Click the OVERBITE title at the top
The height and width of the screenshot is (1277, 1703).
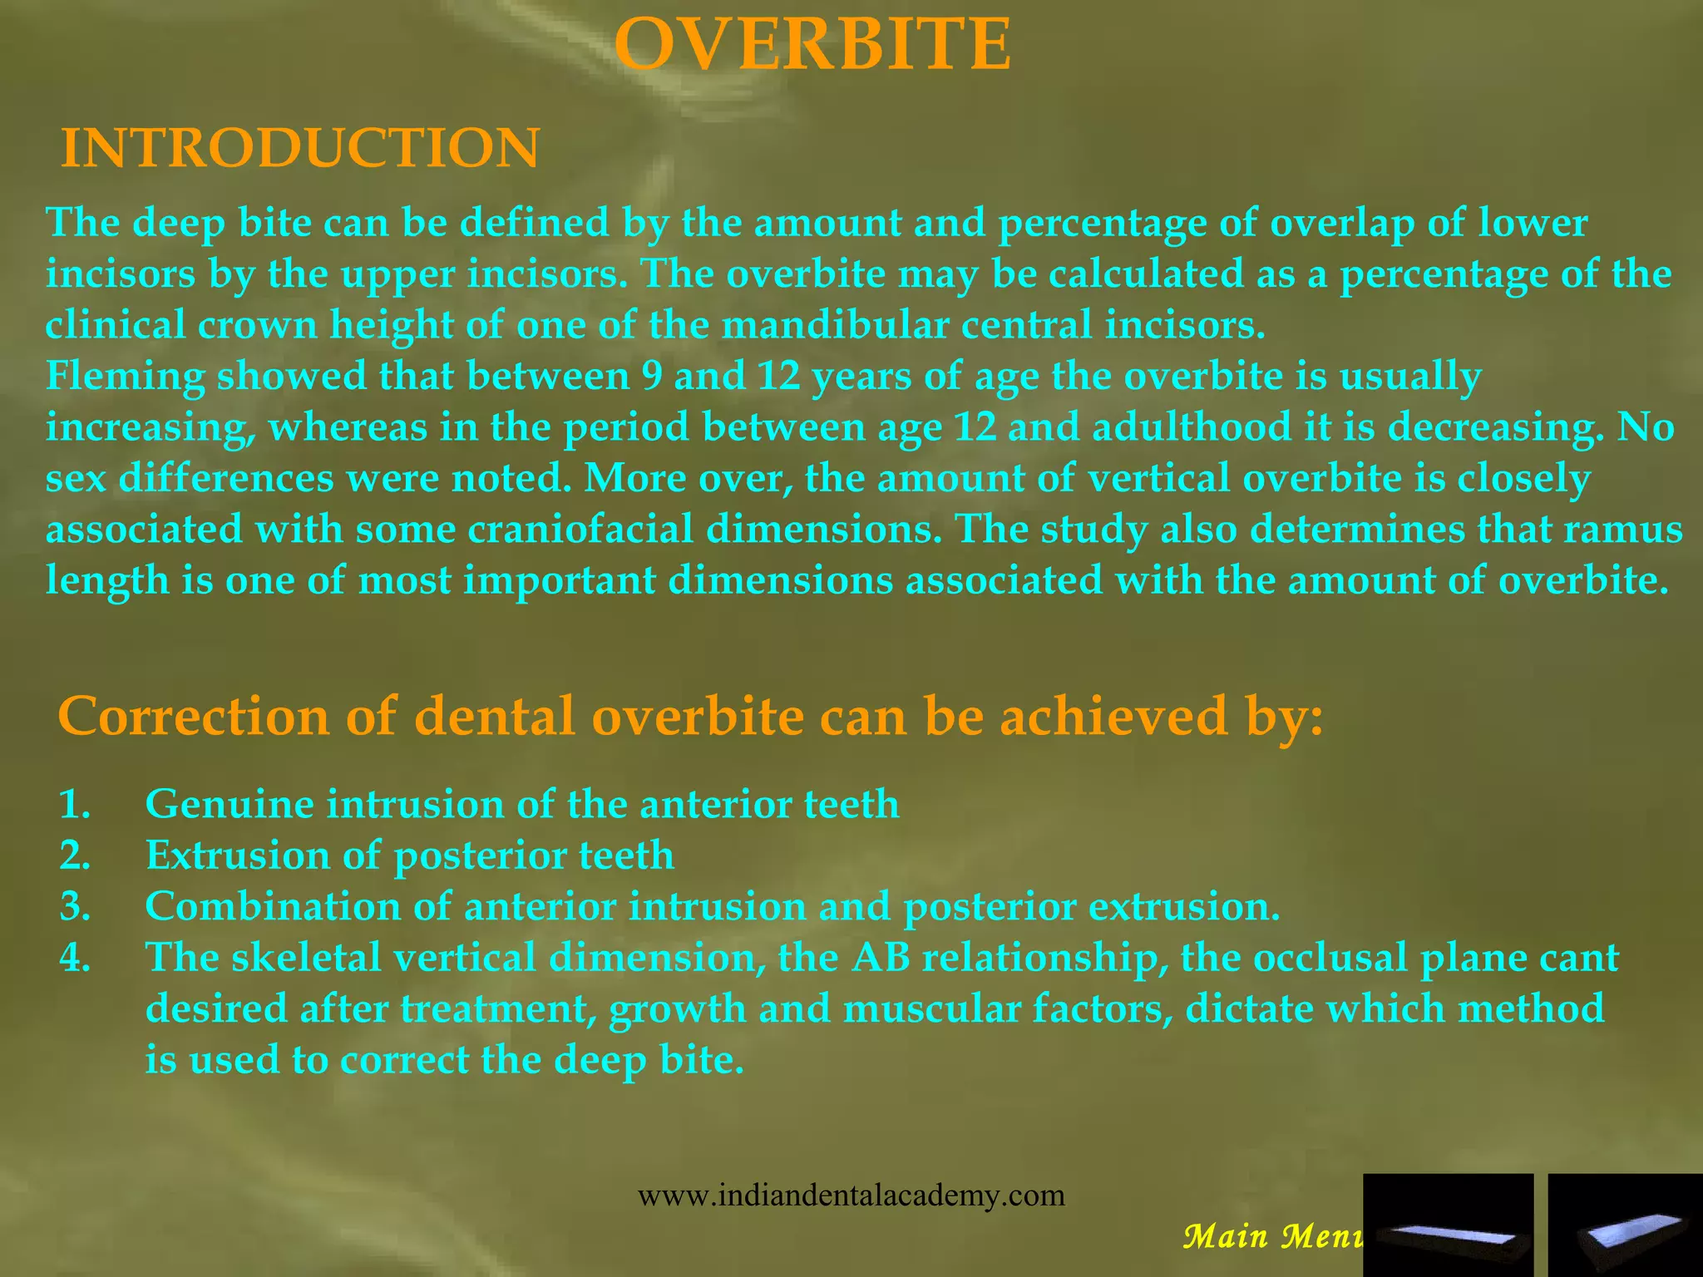tap(814, 46)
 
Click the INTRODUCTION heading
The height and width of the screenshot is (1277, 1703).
tap(300, 149)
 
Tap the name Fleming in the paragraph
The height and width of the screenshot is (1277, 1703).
tap(126, 376)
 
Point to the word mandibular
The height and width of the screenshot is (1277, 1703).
tap(834, 324)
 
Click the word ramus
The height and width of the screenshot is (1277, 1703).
tap(1622, 529)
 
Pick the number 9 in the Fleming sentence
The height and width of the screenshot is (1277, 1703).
tap(652, 376)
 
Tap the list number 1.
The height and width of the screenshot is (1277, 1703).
tap(75, 804)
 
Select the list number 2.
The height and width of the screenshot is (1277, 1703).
tap(75, 855)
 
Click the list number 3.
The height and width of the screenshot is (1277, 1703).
tap(75, 906)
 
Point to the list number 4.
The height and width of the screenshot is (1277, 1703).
tap(75, 958)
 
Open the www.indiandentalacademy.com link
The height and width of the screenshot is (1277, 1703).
tap(851, 1196)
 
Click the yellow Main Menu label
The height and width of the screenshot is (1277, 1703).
tap(1273, 1237)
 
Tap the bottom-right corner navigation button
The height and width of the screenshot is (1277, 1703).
tap(1624, 1225)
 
